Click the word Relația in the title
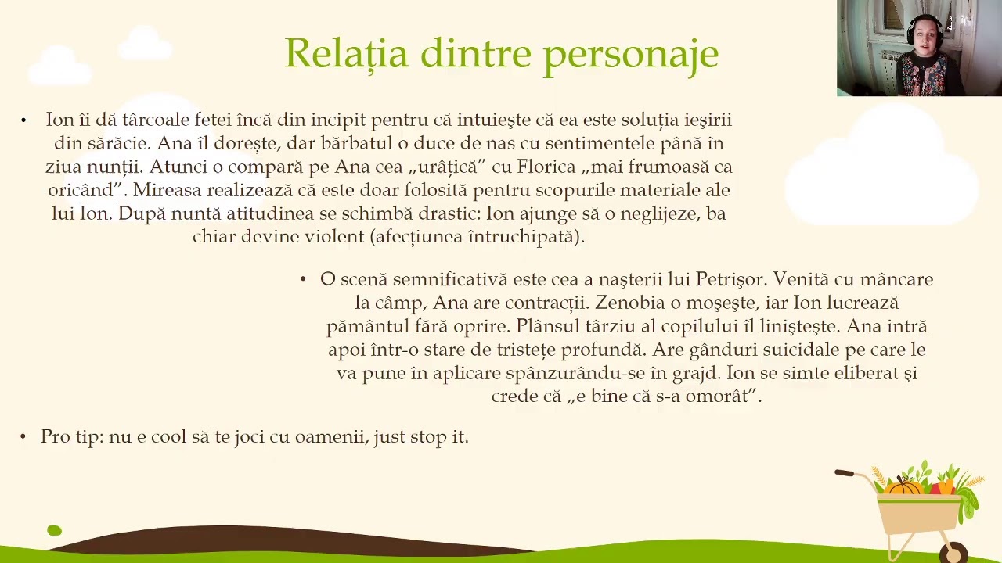pyautogui.click(x=347, y=54)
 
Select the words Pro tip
pyautogui.click(x=73, y=436)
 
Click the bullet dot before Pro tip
pyautogui.click(x=23, y=437)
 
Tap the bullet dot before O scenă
pyautogui.click(x=303, y=279)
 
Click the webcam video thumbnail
pyautogui.click(x=919, y=48)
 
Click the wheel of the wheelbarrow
pyautogui.click(x=953, y=553)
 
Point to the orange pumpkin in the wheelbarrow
pyautogui.click(x=905, y=487)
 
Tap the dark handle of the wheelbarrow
pyautogui.click(x=844, y=473)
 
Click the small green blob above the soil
pyautogui.click(x=54, y=530)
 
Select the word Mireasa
pyautogui.click(x=168, y=190)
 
